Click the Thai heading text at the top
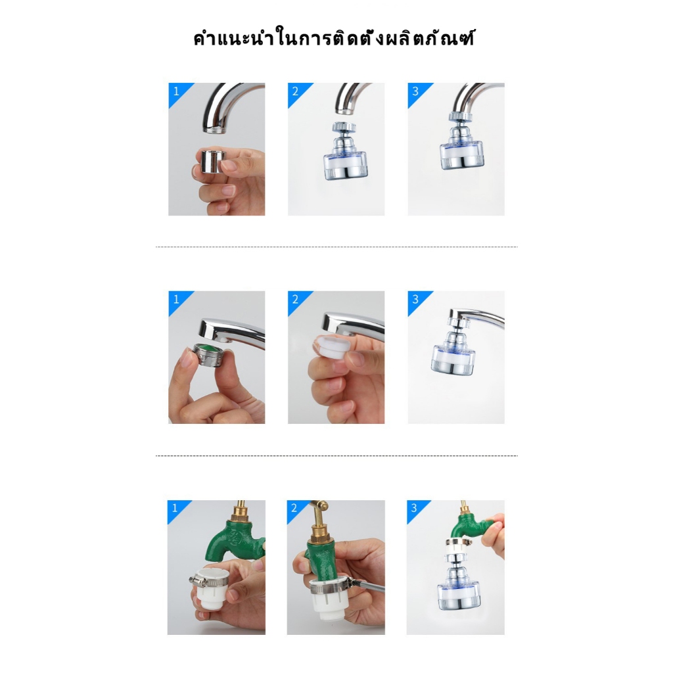(334, 39)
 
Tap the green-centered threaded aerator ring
(209, 354)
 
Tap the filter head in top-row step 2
(346, 151)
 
